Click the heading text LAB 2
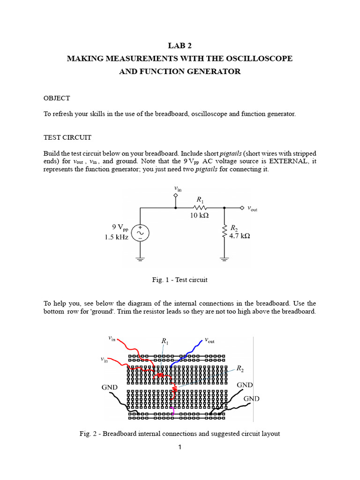[180, 45]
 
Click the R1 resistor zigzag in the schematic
[200, 207]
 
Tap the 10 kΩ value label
[199, 216]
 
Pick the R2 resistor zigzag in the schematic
[225, 231]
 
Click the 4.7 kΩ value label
[240, 236]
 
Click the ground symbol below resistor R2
[225, 258]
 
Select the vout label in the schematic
[252, 209]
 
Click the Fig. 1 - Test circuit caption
[180, 280]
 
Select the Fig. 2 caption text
[180, 434]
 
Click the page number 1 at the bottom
[180, 448]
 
